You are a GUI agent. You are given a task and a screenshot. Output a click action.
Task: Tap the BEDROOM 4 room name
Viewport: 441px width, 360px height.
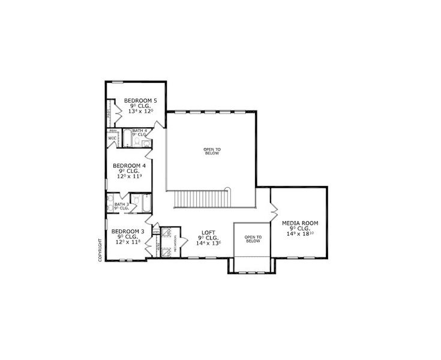tap(130, 166)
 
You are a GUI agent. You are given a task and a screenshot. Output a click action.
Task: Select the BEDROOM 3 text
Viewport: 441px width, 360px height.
tap(128, 231)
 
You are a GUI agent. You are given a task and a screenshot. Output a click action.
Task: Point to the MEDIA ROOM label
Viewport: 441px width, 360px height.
tap(300, 223)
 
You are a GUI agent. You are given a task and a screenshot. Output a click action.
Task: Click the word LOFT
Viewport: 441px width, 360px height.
tap(208, 232)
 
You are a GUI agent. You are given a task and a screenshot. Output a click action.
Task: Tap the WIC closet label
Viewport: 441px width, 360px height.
tap(112, 139)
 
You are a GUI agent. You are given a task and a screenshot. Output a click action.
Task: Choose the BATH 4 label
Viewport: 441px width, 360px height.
tap(139, 130)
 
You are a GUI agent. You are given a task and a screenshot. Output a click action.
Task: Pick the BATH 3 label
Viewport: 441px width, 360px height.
tap(122, 205)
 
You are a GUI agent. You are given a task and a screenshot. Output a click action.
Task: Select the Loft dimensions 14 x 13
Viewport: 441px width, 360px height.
tap(208, 243)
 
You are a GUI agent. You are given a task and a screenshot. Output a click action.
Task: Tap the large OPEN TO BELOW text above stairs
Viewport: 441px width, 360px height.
tap(212, 151)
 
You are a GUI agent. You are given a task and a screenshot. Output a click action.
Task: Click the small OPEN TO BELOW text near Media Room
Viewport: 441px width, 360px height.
tap(253, 239)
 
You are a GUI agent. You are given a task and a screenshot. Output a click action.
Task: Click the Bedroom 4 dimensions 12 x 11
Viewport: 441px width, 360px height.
tap(130, 177)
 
